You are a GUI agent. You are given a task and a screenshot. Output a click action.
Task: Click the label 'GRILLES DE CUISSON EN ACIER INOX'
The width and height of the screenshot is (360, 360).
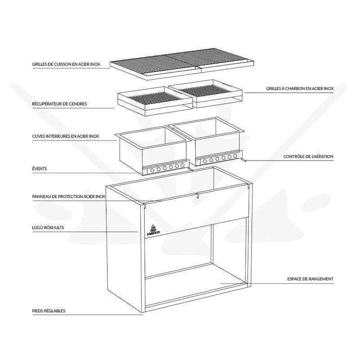[x=66, y=64]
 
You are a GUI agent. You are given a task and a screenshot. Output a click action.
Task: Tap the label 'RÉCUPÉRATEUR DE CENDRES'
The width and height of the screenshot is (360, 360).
[x=59, y=104]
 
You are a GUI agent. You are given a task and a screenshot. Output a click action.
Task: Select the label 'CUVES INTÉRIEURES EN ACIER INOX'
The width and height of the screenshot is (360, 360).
[x=65, y=136]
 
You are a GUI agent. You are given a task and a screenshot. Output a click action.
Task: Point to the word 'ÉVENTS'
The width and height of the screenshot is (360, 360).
[x=40, y=168]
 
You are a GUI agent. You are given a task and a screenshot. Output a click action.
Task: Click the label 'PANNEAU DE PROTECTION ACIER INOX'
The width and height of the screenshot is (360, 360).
[x=69, y=197]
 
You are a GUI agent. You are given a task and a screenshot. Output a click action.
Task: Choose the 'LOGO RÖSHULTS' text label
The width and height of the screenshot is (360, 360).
[x=48, y=228]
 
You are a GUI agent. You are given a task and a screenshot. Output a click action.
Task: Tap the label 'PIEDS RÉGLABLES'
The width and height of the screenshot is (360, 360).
[x=49, y=311]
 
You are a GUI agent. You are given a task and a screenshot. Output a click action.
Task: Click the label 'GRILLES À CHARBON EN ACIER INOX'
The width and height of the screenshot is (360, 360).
[x=300, y=88]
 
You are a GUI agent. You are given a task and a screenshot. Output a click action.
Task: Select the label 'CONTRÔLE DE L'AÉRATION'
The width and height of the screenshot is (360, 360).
[x=308, y=157]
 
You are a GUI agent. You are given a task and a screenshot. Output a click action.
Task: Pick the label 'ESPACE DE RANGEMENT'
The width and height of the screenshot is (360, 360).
[x=310, y=279]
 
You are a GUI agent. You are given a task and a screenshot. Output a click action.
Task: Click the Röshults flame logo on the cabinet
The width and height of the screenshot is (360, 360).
[x=153, y=229]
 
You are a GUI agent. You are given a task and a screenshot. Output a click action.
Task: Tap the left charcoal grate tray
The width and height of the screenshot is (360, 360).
[x=155, y=101]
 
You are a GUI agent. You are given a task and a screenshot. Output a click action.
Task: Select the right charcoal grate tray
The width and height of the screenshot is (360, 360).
[x=206, y=94]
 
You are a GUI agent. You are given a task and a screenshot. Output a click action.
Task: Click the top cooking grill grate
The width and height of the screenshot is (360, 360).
[x=182, y=64]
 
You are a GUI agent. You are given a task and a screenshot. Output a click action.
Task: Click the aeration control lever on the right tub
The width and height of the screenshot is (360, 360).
[x=243, y=160]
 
